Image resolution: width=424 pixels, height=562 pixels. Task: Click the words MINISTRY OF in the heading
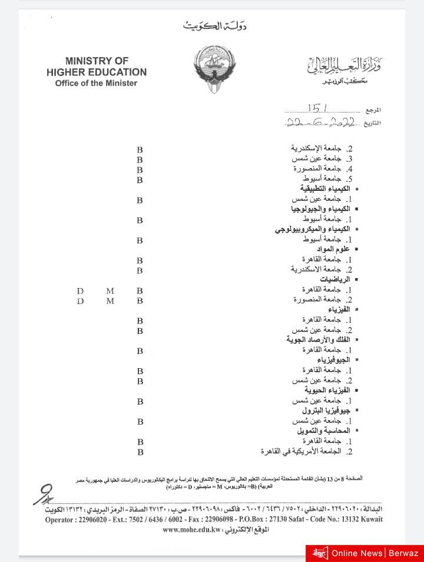pyautogui.click(x=97, y=61)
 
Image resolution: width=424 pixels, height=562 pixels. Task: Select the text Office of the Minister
pyautogui.click(x=96, y=83)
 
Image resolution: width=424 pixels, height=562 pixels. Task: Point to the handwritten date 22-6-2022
pyautogui.click(x=322, y=123)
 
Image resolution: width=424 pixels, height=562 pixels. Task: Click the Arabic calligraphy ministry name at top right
pyautogui.click(x=344, y=67)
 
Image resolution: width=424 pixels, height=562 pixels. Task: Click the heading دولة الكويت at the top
pyautogui.click(x=215, y=26)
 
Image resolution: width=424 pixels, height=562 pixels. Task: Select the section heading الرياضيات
pyautogui.click(x=335, y=279)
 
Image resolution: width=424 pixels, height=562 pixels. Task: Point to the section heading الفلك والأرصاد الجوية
pyautogui.click(x=319, y=340)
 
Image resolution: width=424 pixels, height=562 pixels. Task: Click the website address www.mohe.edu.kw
pyautogui.click(x=192, y=530)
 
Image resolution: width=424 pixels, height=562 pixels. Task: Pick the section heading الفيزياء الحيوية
pyautogui.click(x=327, y=391)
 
